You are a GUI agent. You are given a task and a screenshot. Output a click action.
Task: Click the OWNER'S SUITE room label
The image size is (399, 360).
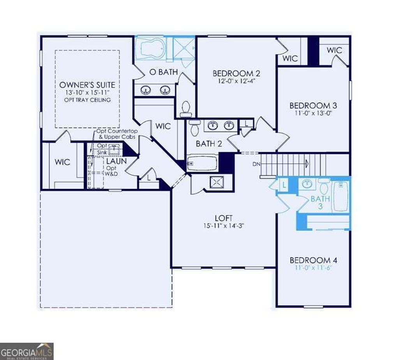87,85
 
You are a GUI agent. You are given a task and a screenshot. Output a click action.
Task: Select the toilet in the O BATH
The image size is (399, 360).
186,107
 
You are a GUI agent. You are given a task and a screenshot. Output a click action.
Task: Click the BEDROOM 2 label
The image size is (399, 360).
236,73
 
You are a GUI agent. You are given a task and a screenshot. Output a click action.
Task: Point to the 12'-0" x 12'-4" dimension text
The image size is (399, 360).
236,82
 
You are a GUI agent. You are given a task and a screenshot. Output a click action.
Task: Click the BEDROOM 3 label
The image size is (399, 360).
313,105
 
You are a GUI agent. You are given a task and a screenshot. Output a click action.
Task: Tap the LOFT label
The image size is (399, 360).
224,218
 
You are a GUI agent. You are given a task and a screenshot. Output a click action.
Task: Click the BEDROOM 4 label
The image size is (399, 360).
313,260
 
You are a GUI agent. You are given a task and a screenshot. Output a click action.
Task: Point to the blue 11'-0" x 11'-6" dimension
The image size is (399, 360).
313,268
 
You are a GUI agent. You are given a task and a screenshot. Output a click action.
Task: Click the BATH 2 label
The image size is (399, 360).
209,144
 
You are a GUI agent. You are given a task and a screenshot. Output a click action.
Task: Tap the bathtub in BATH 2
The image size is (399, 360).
201,163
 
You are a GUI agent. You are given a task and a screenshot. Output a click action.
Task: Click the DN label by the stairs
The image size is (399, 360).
256,164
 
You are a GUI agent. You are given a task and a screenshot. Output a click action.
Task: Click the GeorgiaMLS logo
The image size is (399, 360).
26,351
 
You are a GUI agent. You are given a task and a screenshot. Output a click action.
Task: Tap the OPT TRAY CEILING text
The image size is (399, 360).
87,100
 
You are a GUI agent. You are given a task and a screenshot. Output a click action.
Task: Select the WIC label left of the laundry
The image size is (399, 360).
62,162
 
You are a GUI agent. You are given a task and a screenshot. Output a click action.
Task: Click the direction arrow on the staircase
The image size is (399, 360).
307,163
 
